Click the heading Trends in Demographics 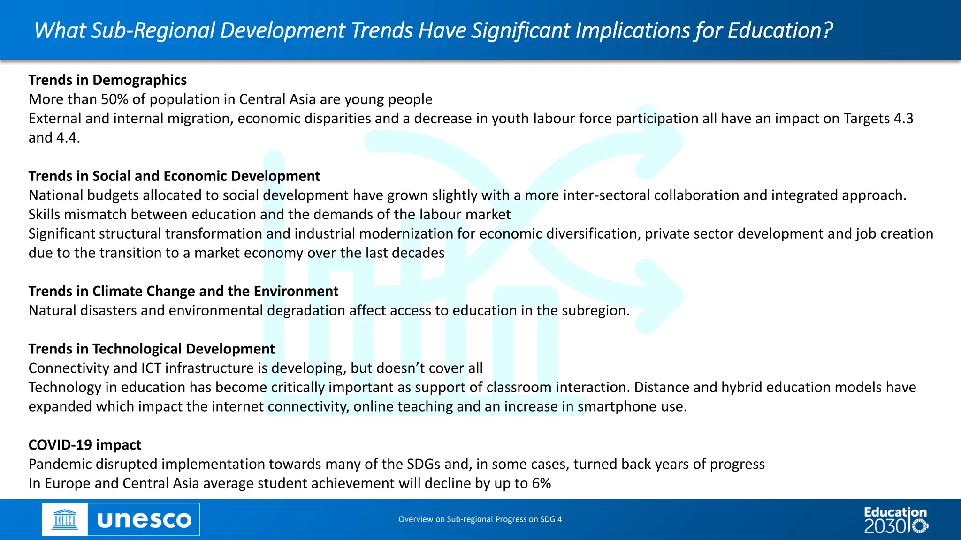click(107, 80)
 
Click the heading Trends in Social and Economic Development click(174, 176)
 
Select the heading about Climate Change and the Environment click(183, 292)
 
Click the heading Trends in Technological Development click(152, 349)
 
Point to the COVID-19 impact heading click(85, 445)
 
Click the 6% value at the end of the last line click(541, 483)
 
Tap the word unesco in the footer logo click(144, 520)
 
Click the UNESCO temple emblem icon click(64, 520)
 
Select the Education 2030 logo click(896, 520)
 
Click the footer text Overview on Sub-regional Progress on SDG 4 click(480, 519)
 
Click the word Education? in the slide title click(780, 30)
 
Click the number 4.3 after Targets click(903, 119)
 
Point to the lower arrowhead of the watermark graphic click(659, 296)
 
